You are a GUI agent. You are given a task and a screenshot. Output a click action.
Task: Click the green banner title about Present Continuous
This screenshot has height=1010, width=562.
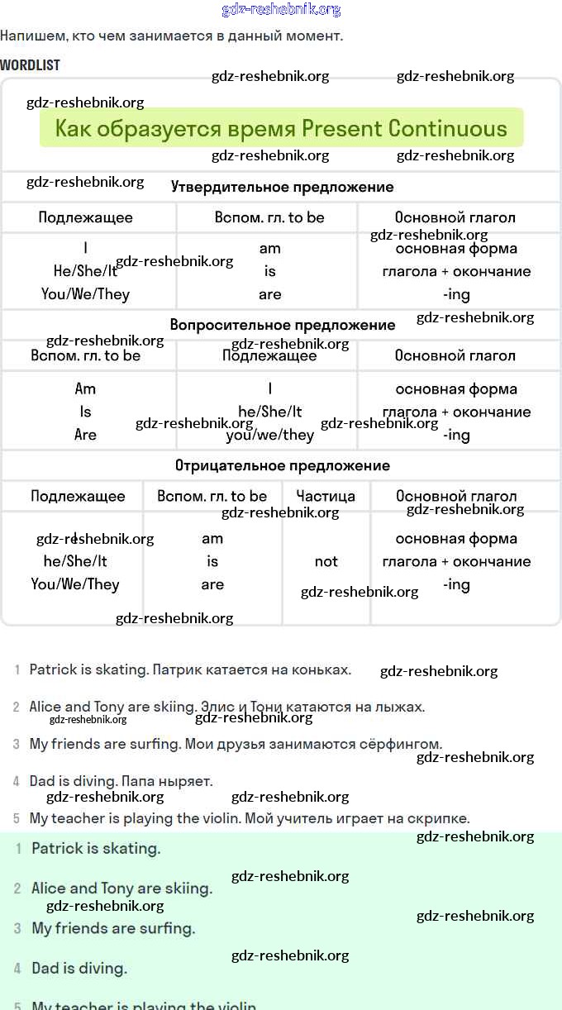pos(281,129)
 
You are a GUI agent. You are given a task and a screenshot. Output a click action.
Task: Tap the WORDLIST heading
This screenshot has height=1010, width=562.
pos(31,64)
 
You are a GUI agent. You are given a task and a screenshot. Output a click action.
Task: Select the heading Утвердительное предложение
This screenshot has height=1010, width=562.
pos(282,187)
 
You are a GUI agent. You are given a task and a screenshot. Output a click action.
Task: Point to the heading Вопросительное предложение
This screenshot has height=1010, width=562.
pos(282,325)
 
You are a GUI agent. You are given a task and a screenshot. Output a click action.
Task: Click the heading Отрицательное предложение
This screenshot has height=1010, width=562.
pos(282,465)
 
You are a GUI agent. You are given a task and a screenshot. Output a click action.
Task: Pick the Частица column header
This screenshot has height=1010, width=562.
pos(326,496)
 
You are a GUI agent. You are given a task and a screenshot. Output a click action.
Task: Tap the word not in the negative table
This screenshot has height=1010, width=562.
pos(326,561)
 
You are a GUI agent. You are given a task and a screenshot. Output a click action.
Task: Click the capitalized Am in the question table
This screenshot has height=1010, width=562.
pos(85,388)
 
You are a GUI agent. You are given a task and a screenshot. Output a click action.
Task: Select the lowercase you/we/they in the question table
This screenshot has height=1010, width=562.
pos(269,435)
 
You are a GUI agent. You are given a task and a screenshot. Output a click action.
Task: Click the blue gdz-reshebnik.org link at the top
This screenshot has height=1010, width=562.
pos(281,10)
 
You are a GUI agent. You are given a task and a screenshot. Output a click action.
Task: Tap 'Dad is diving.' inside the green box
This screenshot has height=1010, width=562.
pos(79,968)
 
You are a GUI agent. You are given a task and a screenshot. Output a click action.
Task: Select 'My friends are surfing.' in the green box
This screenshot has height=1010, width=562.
pos(113,928)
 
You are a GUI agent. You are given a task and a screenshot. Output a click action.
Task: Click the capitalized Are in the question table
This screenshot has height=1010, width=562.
pos(85,435)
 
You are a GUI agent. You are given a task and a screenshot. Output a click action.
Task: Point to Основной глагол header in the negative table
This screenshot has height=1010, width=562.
pos(456,496)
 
